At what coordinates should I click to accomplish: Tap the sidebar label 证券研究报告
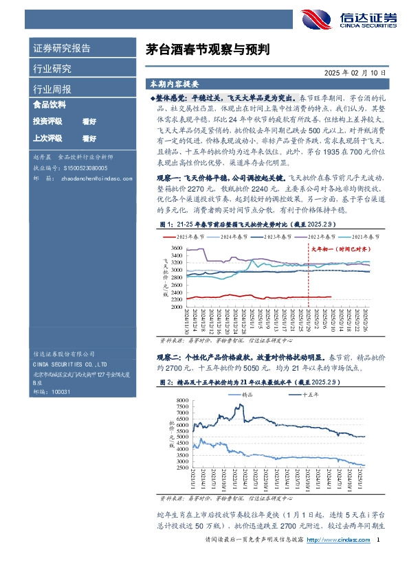pos(62,49)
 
